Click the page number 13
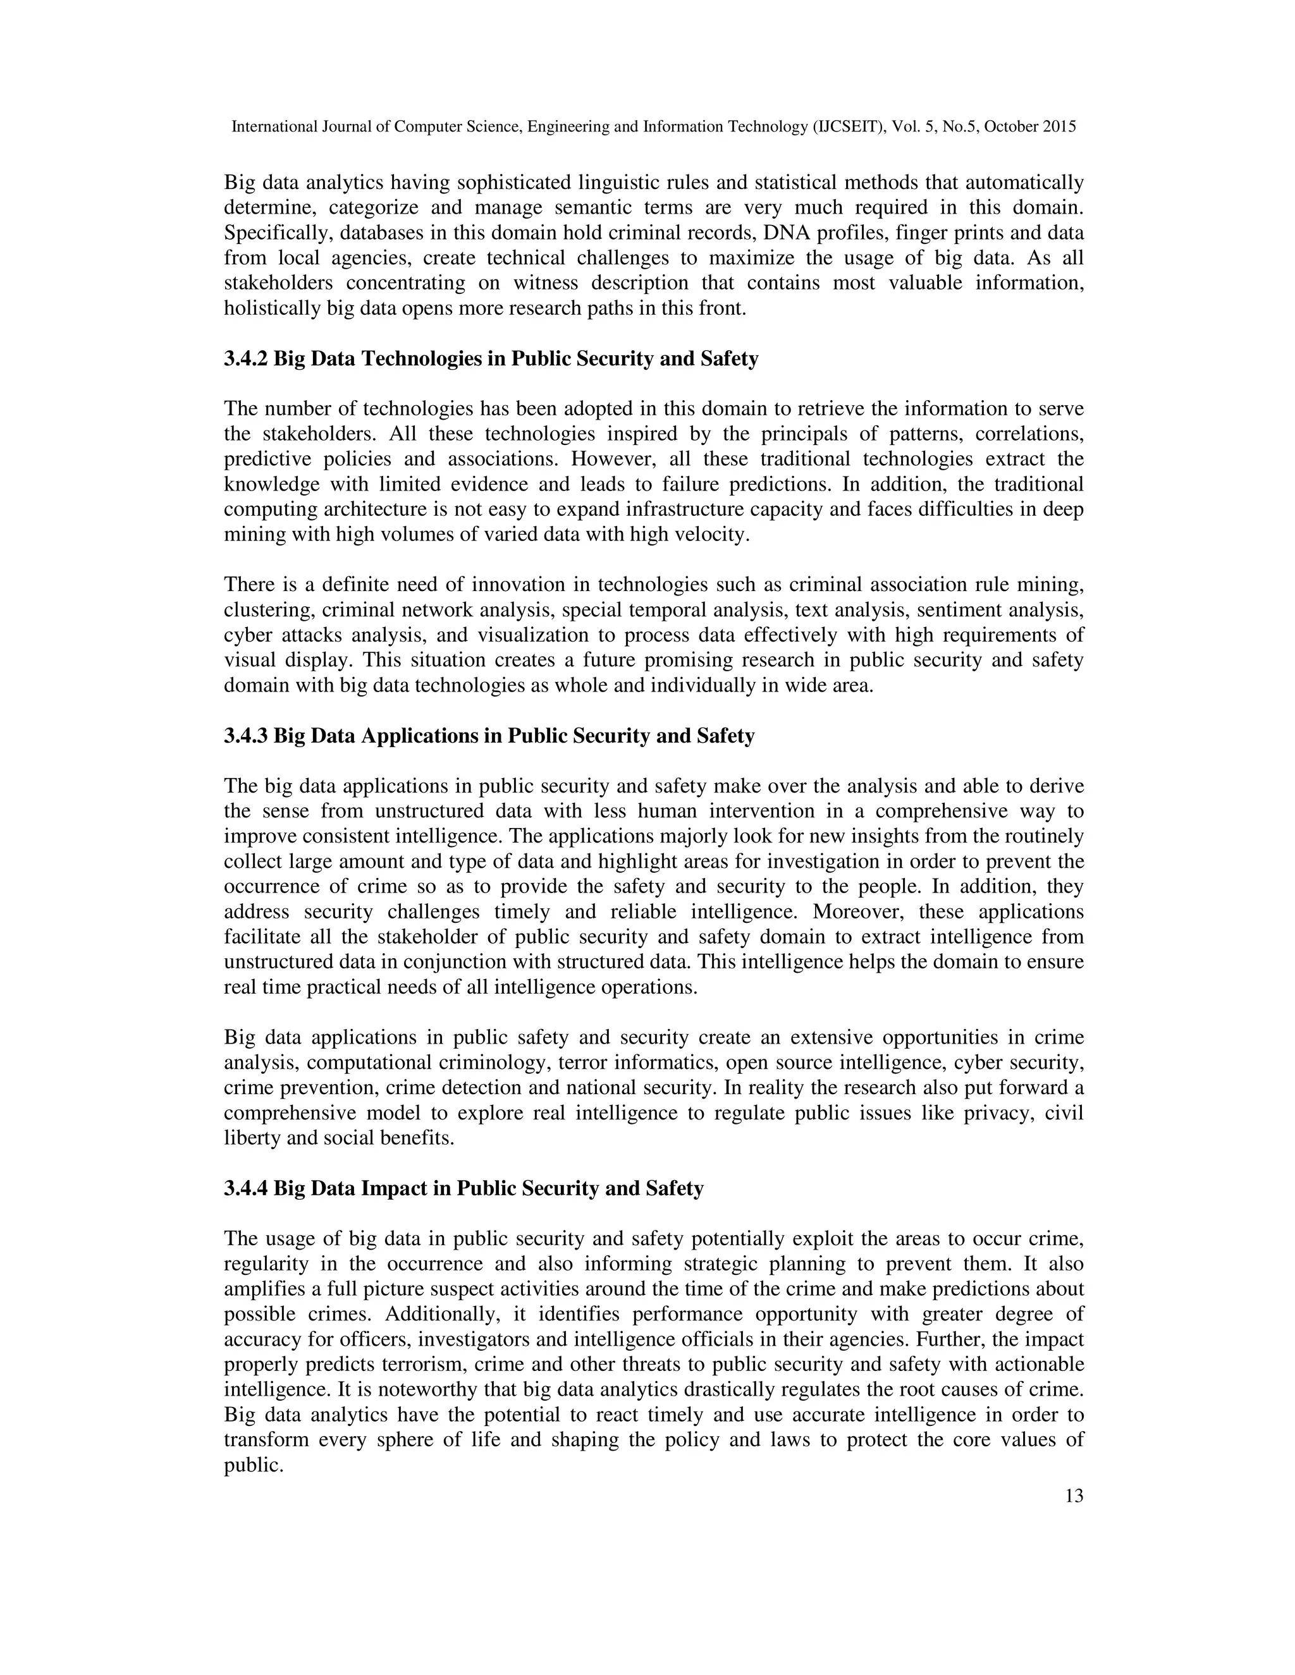click(x=1074, y=1495)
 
